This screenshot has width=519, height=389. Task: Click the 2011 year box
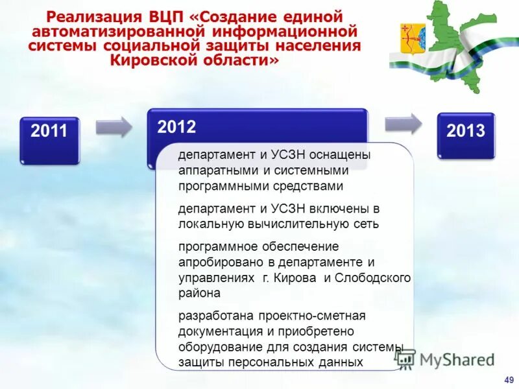tap(49, 139)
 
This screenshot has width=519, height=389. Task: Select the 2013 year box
tap(465, 135)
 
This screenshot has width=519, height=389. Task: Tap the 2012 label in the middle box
tap(176, 127)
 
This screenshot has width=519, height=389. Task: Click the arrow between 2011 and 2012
tap(114, 126)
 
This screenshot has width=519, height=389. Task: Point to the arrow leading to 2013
tap(402, 123)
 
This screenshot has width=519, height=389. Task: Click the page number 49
tap(508, 379)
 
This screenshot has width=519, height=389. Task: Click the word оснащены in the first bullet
tap(343, 156)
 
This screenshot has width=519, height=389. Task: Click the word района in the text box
tap(199, 293)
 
